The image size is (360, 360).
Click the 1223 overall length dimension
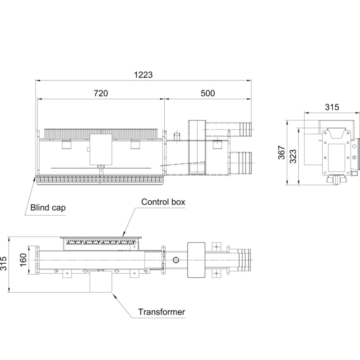[x=143, y=75]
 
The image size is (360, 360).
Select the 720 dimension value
[x=101, y=93]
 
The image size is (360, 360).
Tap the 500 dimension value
[x=208, y=93]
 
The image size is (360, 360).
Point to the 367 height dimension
[x=282, y=153]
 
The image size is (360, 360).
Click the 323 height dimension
[x=293, y=156]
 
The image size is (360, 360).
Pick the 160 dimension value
[x=23, y=260]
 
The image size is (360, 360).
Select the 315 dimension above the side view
[x=332, y=107]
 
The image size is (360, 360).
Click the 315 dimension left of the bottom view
[x=3, y=263]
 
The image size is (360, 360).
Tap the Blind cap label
[x=48, y=207]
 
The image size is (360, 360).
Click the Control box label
[x=163, y=202]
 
